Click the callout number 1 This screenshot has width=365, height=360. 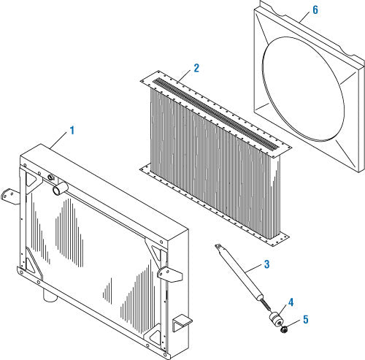(x=72, y=130)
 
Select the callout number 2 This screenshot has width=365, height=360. (x=196, y=68)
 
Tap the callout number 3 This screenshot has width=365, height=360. (x=267, y=264)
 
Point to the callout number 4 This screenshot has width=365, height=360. (x=291, y=302)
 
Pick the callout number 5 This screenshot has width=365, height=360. (x=306, y=320)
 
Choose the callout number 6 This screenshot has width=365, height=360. (x=315, y=9)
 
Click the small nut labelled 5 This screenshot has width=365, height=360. (x=284, y=330)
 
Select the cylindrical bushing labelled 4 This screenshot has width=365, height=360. (x=276, y=319)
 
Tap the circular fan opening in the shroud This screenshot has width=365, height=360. (x=303, y=89)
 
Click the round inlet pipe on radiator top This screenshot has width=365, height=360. (x=60, y=188)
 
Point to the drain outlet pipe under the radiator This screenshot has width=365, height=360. (x=50, y=294)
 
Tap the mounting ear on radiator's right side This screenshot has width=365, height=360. (x=169, y=274)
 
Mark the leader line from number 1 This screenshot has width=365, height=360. (x=58, y=140)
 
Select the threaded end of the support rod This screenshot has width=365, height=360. (x=266, y=305)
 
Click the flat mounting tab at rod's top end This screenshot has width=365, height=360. (x=218, y=246)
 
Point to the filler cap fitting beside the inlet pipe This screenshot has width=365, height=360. (x=51, y=177)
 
